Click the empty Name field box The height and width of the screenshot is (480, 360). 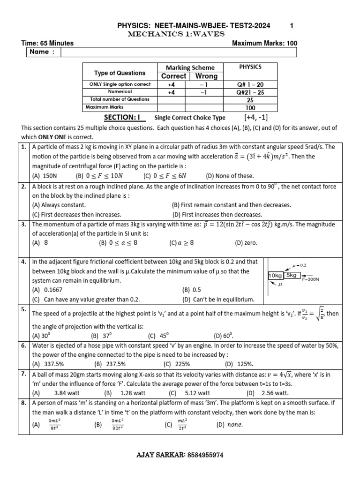(x=178, y=52)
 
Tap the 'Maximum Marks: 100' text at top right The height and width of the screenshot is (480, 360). (x=264, y=43)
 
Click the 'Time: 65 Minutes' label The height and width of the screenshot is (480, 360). (x=47, y=43)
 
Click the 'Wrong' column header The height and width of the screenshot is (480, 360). (x=206, y=76)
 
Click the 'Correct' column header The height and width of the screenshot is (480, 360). (x=173, y=76)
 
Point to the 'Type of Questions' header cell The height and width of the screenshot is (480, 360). (x=120, y=73)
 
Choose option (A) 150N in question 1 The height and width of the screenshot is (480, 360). (x=44, y=176)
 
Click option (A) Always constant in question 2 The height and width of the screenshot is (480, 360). (x=59, y=205)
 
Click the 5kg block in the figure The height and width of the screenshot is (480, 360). (x=292, y=275)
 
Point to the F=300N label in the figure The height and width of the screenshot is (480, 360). (x=312, y=279)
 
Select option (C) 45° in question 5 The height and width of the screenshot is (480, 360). (x=158, y=336)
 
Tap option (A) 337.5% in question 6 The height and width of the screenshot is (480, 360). (x=53, y=363)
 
